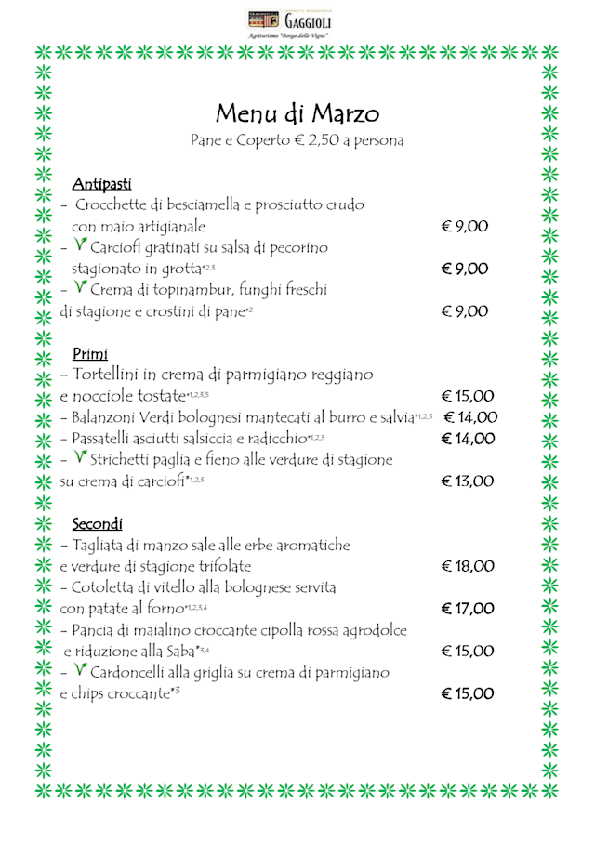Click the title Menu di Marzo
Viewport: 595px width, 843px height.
[297, 113]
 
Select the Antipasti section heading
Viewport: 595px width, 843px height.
[102, 183]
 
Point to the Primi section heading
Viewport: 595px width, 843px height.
[90, 354]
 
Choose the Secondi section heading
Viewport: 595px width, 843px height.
[98, 524]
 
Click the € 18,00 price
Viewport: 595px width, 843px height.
[468, 566]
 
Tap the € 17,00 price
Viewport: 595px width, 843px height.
[468, 609]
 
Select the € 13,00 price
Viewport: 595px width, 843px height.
[468, 481]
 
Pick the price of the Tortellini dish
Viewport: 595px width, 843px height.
[468, 397]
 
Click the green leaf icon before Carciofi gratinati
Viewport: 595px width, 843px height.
[82, 246]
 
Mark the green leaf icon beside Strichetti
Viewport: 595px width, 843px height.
[82, 457]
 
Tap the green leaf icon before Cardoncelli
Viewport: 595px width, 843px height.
[82, 670]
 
